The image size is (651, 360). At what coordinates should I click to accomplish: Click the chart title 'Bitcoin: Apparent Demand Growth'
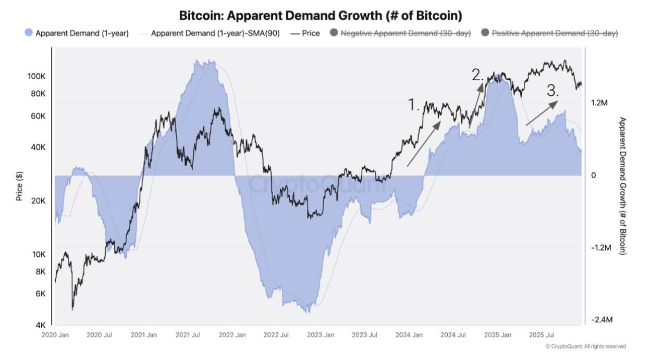click(x=320, y=15)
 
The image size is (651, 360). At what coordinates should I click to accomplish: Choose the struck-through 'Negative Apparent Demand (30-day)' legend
click(x=405, y=33)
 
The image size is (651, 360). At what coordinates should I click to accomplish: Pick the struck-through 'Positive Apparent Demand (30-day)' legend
click(x=555, y=33)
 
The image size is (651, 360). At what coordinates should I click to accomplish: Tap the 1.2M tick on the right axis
click(x=600, y=103)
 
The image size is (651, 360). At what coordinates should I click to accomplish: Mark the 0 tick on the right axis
click(x=593, y=176)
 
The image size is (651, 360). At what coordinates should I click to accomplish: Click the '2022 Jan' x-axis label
click(x=232, y=335)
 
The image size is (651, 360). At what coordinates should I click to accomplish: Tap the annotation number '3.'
click(x=553, y=91)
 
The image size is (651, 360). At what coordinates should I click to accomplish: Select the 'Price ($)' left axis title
click(x=19, y=185)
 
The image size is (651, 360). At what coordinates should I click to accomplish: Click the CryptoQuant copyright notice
click(x=585, y=346)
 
